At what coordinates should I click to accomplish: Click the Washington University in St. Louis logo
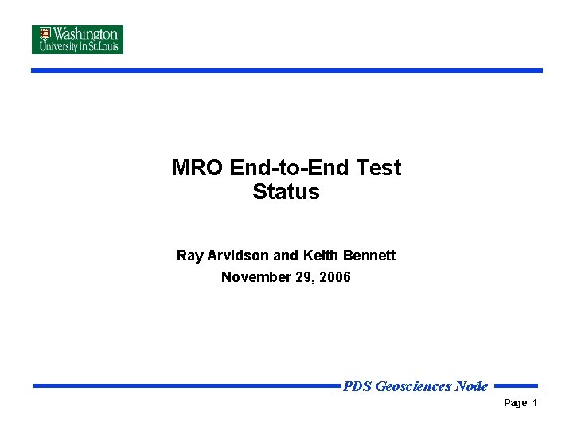tap(77, 40)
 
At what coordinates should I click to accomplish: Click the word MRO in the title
tap(197, 168)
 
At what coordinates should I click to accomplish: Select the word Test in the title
tap(380, 168)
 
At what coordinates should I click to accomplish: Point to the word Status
tap(286, 192)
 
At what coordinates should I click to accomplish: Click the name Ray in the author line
tap(190, 256)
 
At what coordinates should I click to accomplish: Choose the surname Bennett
tap(369, 256)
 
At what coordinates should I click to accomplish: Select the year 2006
tap(335, 277)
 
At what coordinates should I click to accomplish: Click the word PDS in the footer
tap(357, 387)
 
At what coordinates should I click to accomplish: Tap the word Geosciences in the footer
tap(413, 387)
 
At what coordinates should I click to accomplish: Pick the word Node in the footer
tap(471, 387)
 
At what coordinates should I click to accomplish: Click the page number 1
tap(536, 403)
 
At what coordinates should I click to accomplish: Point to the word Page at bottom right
tap(516, 403)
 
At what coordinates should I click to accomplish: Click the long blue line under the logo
tap(286, 71)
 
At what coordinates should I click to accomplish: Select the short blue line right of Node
tap(516, 385)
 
